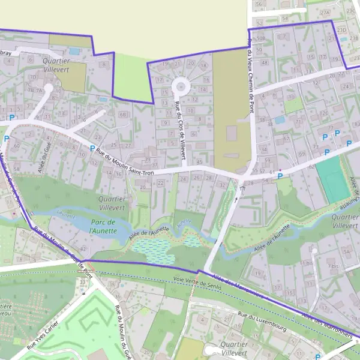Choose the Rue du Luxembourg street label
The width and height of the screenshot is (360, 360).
[262, 322]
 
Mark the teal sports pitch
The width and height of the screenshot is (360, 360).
[332, 179]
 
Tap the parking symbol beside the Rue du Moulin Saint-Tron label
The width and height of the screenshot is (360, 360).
[92, 148]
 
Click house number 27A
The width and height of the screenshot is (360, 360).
[325, 12]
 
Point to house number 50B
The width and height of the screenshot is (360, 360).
[259, 38]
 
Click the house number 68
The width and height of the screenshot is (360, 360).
[123, 115]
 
